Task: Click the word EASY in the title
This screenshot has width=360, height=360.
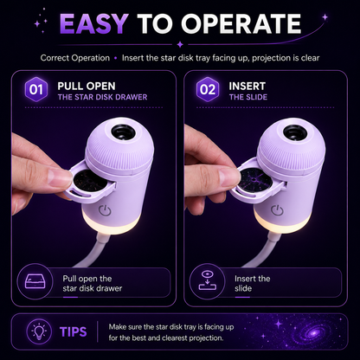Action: (x=93, y=24)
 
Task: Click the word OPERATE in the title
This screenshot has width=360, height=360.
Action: (x=241, y=24)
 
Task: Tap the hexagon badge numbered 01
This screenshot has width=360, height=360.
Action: (x=35, y=89)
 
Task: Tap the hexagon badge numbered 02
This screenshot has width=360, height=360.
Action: (x=208, y=89)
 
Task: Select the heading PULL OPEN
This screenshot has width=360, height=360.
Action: (x=87, y=86)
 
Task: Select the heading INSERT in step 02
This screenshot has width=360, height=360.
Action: (x=247, y=86)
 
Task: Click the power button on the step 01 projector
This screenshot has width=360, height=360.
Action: (x=105, y=210)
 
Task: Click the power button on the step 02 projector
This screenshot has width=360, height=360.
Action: (x=277, y=210)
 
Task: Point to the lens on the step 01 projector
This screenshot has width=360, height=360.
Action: (x=124, y=132)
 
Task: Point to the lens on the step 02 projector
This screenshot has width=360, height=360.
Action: (x=295, y=132)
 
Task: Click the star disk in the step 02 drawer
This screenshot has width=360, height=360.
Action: (x=255, y=179)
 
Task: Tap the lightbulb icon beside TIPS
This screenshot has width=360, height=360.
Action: (x=39, y=331)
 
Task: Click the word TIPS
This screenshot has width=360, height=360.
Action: (x=74, y=332)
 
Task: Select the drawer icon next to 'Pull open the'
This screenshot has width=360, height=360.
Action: (x=35, y=281)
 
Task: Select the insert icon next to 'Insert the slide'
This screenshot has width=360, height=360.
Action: (x=208, y=280)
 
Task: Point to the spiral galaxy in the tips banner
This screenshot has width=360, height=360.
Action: (x=313, y=333)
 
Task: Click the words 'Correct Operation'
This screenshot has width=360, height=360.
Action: (x=75, y=58)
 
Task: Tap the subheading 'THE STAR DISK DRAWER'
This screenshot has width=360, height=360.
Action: (x=102, y=97)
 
